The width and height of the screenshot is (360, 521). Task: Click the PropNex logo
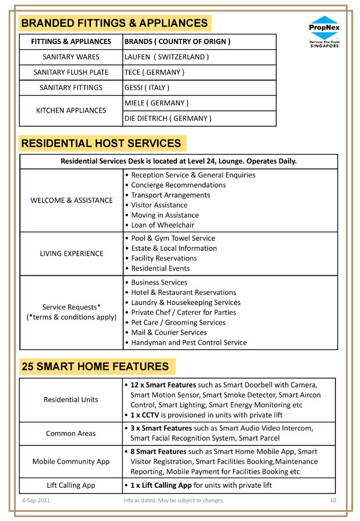click(x=324, y=32)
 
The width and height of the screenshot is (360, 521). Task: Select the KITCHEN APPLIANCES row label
click(x=71, y=110)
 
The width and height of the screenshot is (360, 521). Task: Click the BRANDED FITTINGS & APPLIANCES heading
click(x=115, y=23)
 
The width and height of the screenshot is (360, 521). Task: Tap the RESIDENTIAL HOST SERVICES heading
click(x=101, y=143)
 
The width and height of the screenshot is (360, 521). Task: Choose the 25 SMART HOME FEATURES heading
click(x=95, y=366)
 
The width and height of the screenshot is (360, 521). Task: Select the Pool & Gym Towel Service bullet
click(x=173, y=238)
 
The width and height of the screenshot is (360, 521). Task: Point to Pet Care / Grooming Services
click(x=178, y=322)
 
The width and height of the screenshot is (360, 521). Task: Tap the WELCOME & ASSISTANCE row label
click(x=72, y=200)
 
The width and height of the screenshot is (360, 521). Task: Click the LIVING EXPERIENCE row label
click(x=72, y=253)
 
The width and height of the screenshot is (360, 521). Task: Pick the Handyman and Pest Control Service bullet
click(x=189, y=342)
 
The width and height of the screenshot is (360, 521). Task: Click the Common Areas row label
click(x=71, y=433)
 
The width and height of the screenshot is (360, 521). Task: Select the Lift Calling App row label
click(x=71, y=485)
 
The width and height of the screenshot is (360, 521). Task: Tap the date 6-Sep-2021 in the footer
click(x=35, y=500)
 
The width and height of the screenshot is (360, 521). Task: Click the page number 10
click(x=333, y=500)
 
